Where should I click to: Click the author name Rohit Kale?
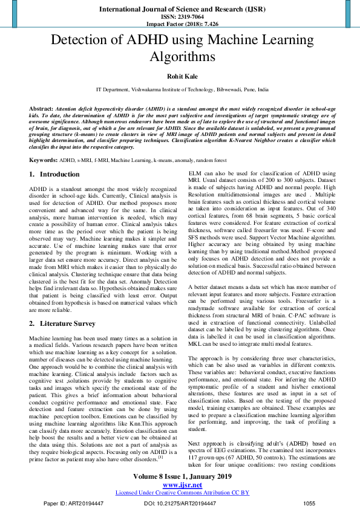(x=180, y=76)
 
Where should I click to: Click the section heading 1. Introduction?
(x=54, y=174)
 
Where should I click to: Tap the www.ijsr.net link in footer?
(x=180, y=485)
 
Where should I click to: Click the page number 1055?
(x=309, y=503)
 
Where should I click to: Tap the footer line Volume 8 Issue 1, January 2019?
(x=180, y=476)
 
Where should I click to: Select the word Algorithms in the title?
(x=180, y=57)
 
